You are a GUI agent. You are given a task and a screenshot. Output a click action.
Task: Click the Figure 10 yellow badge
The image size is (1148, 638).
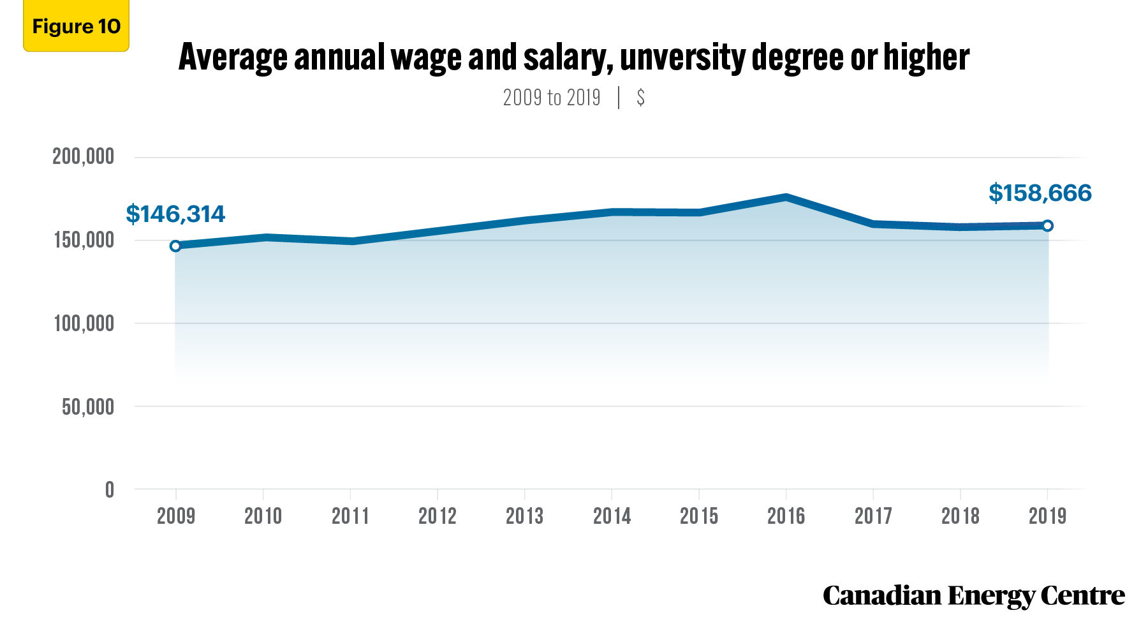pyautogui.click(x=76, y=26)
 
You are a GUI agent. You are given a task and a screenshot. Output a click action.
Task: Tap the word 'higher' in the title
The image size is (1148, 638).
pyautogui.click(x=926, y=57)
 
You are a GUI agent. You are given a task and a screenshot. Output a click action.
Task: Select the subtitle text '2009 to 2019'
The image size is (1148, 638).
pyautogui.click(x=552, y=98)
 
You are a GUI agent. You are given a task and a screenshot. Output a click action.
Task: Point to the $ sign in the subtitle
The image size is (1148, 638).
pyautogui.click(x=640, y=98)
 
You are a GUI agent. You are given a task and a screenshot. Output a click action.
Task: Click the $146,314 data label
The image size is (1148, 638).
pyautogui.click(x=175, y=214)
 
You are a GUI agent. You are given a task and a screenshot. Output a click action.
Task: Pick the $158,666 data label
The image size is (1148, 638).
pyautogui.click(x=1040, y=193)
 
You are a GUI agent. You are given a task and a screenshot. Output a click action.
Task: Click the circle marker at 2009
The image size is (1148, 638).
pyautogui.click(x=175, y=246)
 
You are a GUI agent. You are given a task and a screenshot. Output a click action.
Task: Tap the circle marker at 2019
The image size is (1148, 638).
pyautogui.click(x=1047, y=226)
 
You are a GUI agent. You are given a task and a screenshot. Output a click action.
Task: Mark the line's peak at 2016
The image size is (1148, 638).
pyautogui.click(x=786, y=197)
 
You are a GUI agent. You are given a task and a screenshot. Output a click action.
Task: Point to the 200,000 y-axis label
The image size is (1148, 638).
pyautogui.click(x=83, y=156)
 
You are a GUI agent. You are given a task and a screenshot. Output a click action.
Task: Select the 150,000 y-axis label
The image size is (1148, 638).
pyautogui.click(x=84, y=241)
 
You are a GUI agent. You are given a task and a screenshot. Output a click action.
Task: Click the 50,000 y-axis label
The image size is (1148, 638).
pyautogui.click(x=88, y=406)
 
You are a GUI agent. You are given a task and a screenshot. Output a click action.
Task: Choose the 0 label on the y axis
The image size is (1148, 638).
pyautogui.click(x=110, y=489)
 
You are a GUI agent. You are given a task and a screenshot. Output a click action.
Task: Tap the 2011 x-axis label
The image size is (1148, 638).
pyautogui.click(x=350, y=516)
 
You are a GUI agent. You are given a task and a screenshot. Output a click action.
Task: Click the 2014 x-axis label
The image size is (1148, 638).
pyautogui.click(x=612, y=516)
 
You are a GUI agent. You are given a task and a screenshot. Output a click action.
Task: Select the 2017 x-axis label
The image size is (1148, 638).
pyautogui.click(x=873, y=516)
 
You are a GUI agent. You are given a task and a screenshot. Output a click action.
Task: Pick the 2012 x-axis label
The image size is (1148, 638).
pyautogui.click(x=438, y=516)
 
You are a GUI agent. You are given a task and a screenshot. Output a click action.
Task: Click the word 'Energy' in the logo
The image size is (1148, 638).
pyautogui.click(x=991, y=597)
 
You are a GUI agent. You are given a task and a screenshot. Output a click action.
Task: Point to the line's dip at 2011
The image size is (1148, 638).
pyautogui.click(x=350, y=241)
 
